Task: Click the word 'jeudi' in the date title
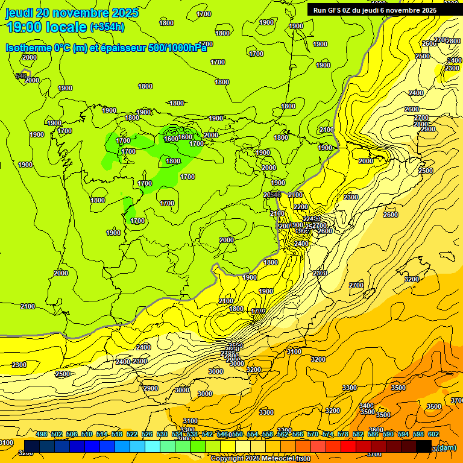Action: pyautogui.click(x=19, y=13)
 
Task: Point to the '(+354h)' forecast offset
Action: pyautogui.click(x=107, y=27)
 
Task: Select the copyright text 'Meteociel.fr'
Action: pyautogui.click(x=277, y=458)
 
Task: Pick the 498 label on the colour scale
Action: pyautogui.click(x=42, y=434)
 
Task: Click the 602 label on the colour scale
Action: pyautogui.click(x=433, y=434)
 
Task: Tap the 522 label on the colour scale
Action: pyautogui.click(x=132, y=434)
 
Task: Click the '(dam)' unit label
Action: pyautogui.click(x=446, y=447)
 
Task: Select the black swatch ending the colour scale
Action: pyautogui.click(x=424, y=446)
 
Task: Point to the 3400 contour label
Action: pyautogui.click(x=367, y=406)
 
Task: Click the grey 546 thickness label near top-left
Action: pyautogui.click(x=21, y=76)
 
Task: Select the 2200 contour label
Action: pyautogui.click(x=300, y=207)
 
